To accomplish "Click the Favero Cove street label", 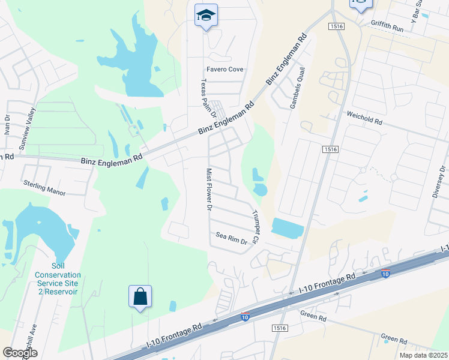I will pos(225,70).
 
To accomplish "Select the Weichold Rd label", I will pos(364,116).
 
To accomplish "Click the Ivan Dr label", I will pos(7,130).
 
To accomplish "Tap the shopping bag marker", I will pos(140,296).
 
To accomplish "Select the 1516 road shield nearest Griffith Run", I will pos(336,26).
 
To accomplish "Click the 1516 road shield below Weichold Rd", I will pos(328,149).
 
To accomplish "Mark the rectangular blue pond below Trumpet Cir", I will pos(288,228).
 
